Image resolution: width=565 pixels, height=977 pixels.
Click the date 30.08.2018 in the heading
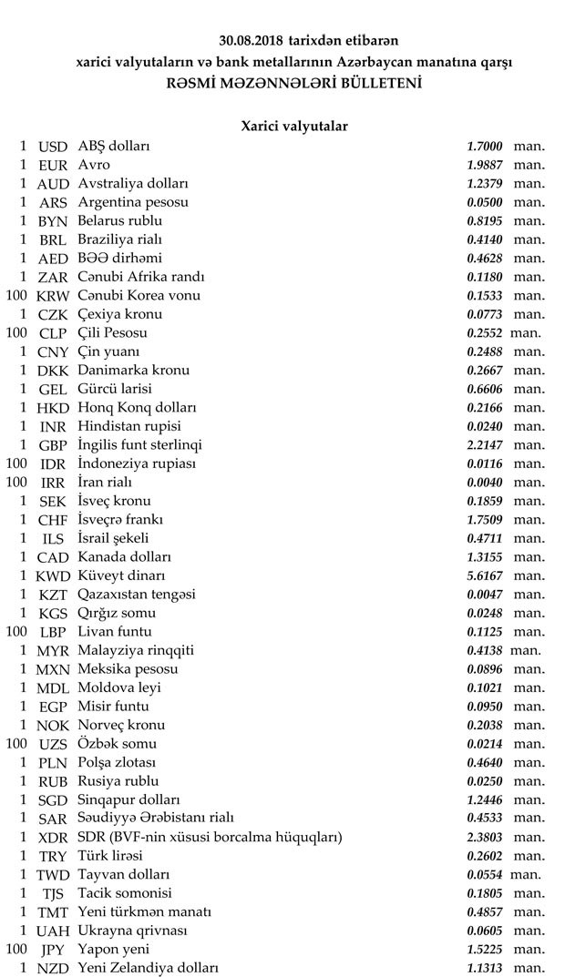tap(252, 41)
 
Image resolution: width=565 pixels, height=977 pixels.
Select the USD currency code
tap(54, 146)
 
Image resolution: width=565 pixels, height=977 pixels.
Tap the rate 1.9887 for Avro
tap(484, 165)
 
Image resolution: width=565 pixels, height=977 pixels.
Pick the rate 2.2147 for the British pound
tap(484, 445)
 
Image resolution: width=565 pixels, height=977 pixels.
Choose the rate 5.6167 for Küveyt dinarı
tap(484, 575)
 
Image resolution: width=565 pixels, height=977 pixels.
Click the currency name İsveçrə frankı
tap(121, 520)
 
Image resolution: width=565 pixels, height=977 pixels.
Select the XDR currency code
tap(54, 838)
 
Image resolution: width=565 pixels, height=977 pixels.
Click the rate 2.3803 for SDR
tap(484, 838)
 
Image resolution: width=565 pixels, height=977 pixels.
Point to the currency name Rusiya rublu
tap(118, 781)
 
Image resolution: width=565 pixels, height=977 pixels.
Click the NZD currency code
tap(54, 968)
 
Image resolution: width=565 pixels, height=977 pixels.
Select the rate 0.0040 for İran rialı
tap(484, 483)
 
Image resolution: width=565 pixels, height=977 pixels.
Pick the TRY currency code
tap(54, 856)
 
